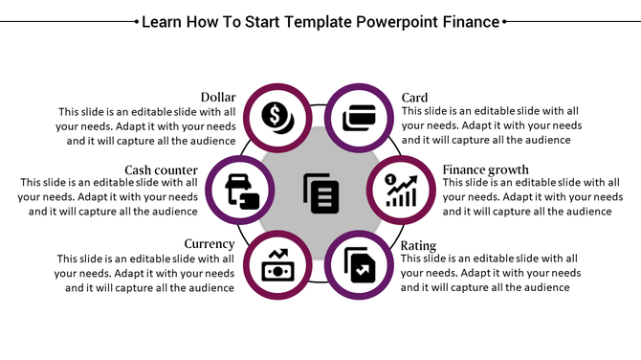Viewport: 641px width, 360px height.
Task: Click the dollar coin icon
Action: [278, 119]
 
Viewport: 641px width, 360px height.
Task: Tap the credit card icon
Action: [358, 119]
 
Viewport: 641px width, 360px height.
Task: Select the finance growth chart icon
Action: [401, 191]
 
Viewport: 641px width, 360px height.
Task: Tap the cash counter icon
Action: [241, 191]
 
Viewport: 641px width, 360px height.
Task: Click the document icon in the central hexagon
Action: [320, 191]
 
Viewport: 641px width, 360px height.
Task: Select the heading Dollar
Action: [218, 98]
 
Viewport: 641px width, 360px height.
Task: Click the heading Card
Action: [414, 98]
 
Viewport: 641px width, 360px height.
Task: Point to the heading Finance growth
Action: [485, 169]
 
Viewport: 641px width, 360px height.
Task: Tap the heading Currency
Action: [210, 244]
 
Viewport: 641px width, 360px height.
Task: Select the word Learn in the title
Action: [165, 21]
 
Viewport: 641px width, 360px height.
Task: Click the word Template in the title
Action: [303, 21]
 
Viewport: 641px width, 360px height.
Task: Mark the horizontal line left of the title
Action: [67, 19]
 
